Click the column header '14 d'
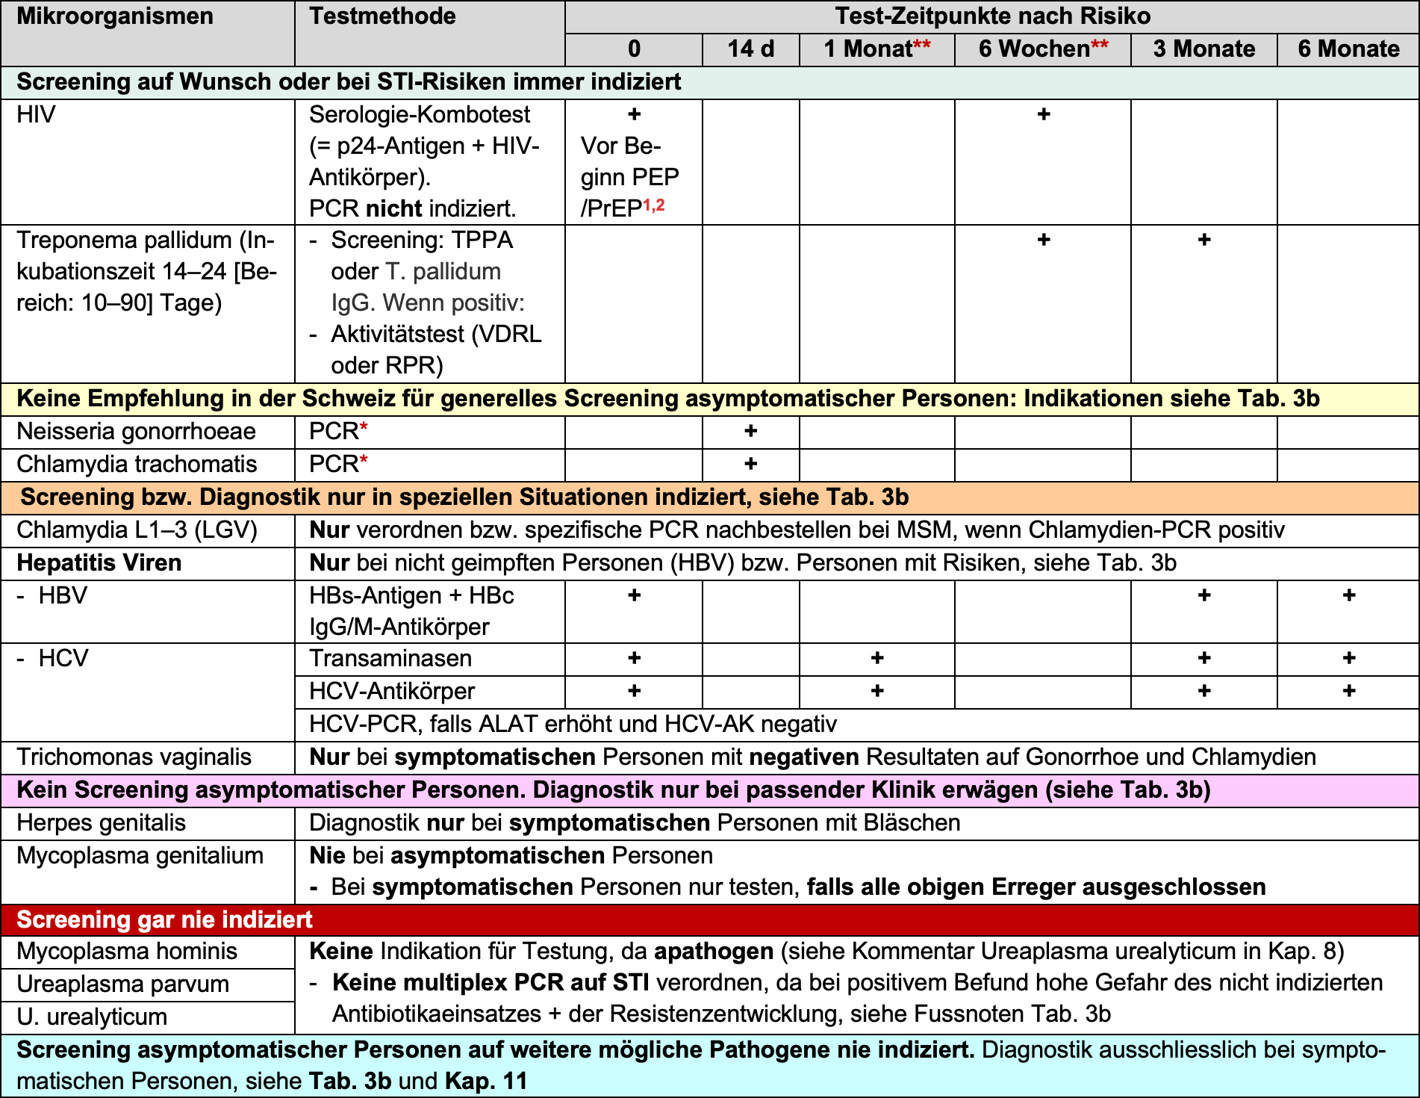[x=750, y=49]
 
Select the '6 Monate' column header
[x=1348, y=49]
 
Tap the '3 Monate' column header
[x=1203, y=49]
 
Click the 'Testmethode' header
[x=382, y=16]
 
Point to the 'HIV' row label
[x=36, y=114]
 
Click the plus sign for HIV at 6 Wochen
[x=1044, y=114]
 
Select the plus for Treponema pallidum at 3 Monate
[x=1203, y=240]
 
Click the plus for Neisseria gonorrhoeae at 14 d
[x=750, y=431]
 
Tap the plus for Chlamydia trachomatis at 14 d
[x=750, y=464]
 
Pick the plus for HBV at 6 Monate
[x=1348, y=595]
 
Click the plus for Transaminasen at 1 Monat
[x=877, y=658]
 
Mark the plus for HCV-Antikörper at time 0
[x=634, y=691]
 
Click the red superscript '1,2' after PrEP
[x=654, y=204]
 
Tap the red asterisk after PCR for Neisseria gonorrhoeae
[x=364, y=427]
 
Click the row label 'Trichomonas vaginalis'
[x=134, y=757]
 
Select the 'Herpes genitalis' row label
[x=101, y=822]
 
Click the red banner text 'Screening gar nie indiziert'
[x=164, y=919]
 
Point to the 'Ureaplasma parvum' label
[x=122, y=984]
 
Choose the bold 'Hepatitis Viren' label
[x=99, y=562]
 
